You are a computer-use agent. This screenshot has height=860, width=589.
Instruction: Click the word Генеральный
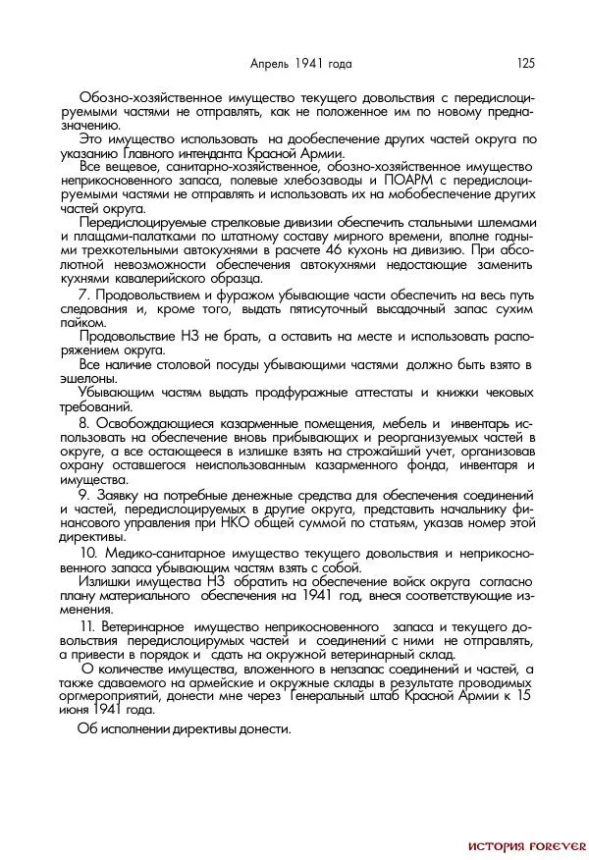tap(329, 696)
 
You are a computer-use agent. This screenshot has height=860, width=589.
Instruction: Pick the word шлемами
tap(512, 223)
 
